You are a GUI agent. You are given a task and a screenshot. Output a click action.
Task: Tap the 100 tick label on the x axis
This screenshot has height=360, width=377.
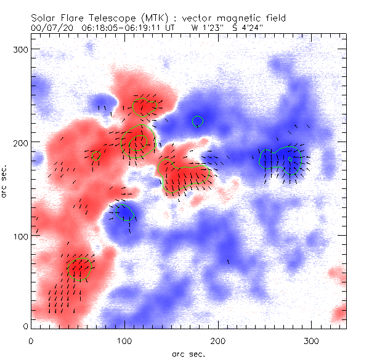coord(124,340)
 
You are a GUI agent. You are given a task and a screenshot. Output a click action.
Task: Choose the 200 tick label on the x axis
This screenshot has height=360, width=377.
coord(218,340)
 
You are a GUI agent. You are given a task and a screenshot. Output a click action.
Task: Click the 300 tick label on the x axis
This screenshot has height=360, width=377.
coord(312,340)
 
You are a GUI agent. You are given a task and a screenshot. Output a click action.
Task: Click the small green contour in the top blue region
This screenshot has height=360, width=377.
coord(198,121)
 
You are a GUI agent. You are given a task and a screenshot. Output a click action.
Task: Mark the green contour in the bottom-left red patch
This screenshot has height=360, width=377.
coord(79,270)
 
